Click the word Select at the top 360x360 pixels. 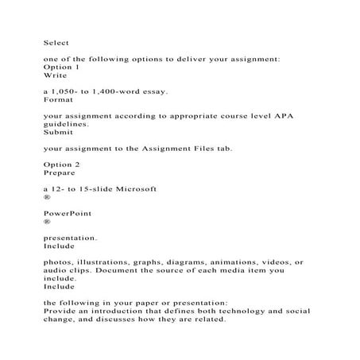tap(56, 42)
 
